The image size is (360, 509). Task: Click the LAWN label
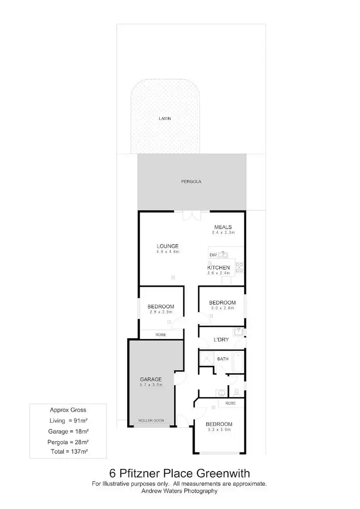165,118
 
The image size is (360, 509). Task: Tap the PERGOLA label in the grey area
191,182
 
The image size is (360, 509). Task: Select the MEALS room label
223,227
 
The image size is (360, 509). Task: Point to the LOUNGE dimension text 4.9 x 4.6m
167,252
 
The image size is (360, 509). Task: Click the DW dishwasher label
212,255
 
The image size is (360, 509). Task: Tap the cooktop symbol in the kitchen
239,268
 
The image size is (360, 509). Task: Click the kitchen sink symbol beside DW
224,254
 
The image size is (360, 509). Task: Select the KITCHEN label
218,267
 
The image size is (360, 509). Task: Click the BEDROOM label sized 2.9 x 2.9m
161,306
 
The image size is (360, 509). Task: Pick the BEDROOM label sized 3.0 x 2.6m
222,303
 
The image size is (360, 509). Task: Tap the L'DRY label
221,340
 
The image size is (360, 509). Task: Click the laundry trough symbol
239,331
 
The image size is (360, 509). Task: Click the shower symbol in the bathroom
207,358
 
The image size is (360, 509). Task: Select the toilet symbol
236,391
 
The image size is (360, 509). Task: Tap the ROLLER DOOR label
151,421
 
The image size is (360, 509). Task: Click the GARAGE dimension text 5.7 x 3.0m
151,385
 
